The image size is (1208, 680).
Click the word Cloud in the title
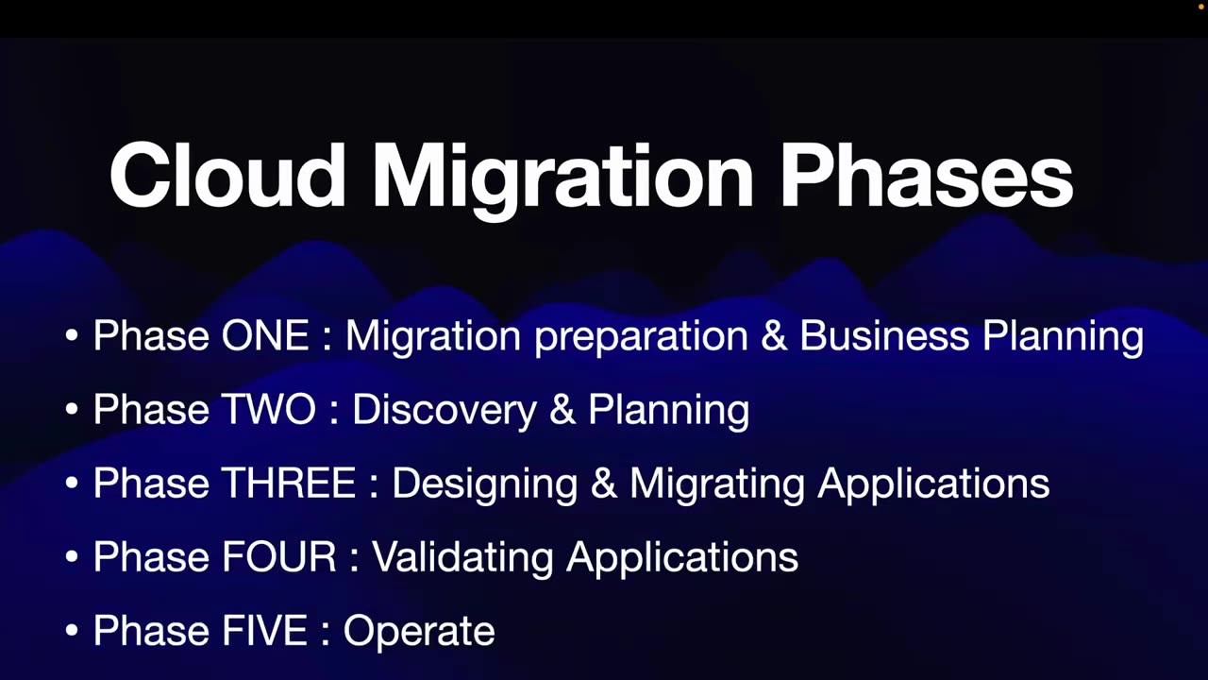point(227,176)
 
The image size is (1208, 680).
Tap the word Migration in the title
point(562,176)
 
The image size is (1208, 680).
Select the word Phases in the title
point(926,176)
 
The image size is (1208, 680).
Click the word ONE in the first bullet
point(265,336)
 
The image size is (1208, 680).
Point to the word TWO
point(268,410)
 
